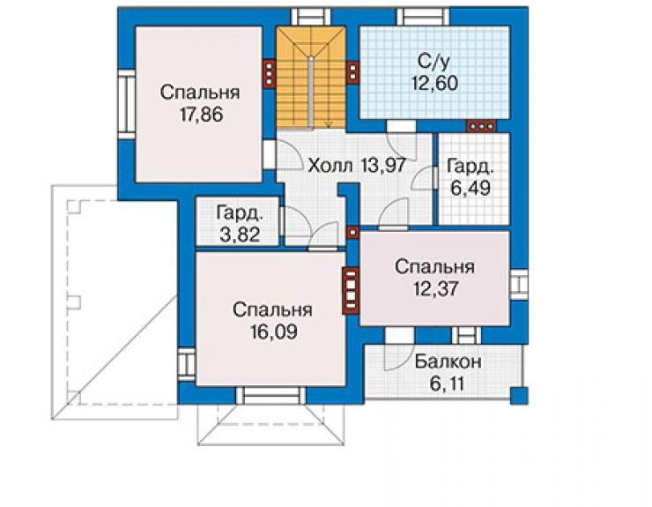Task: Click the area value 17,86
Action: point(202,114)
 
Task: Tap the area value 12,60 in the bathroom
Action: point(434,83)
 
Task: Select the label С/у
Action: point(433,62)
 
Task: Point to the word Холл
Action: point(330,166)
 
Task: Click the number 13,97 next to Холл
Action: point(383,166)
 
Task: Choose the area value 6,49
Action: point(470,188)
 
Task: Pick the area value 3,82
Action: point(240,235)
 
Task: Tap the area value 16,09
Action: point(274,332)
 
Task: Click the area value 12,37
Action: point(436,288)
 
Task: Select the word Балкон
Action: point(448,362)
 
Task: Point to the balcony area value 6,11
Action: point(447,384)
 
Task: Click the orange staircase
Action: point(311,78)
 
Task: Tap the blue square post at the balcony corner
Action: point(519,395)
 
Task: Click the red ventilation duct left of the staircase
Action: point(269,75)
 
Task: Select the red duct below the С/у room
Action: point(481,126)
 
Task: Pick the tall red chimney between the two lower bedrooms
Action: point(351,290)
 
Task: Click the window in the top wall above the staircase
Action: point(312,17)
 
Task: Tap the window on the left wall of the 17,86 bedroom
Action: point(126,104)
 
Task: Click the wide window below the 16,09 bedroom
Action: point(270,395)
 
